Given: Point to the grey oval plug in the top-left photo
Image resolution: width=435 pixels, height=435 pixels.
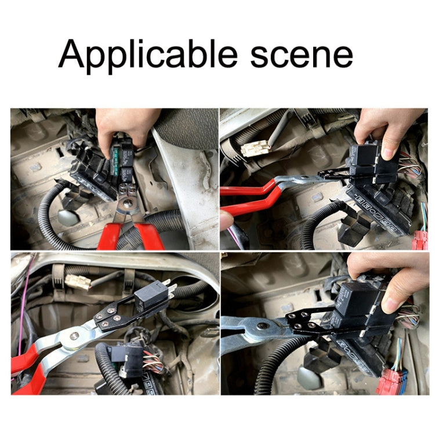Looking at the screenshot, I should pyautogui.click(x=69, y=219).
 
